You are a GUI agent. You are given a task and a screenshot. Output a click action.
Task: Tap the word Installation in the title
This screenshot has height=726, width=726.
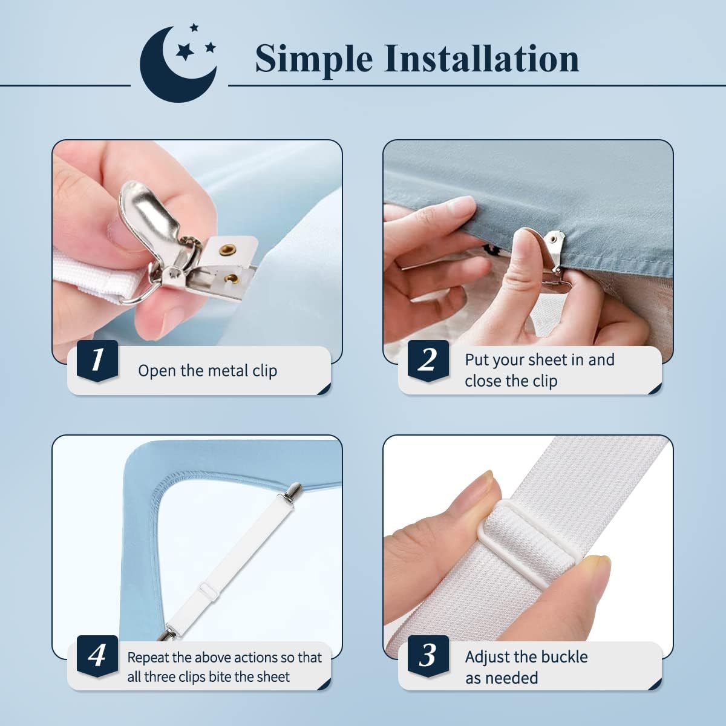pos(482,59)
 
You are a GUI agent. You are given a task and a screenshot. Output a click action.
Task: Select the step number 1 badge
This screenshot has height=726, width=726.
pos(97,361)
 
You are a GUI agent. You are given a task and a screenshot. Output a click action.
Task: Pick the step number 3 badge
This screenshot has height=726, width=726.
pos(428,656)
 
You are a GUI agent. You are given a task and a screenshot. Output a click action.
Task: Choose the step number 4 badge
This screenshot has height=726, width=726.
pos(97,656)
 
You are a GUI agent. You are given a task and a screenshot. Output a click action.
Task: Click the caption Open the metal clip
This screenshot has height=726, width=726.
pos(208,371)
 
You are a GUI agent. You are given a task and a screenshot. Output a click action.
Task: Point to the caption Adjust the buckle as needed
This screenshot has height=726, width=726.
pos(526,667)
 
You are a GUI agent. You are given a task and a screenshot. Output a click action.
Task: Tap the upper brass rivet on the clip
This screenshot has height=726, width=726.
pos(229,248)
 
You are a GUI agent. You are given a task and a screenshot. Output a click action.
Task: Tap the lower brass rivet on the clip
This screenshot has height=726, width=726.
pos(232,278)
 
